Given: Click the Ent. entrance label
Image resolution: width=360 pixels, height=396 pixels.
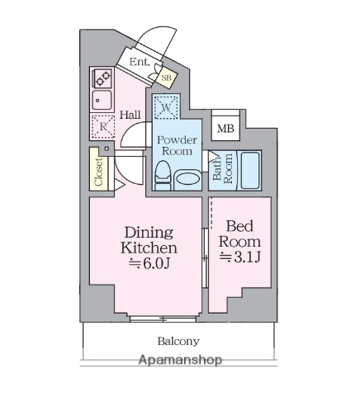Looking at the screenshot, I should tap(138, 62).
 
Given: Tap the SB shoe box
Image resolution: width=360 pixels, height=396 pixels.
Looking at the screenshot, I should tap(165, 78).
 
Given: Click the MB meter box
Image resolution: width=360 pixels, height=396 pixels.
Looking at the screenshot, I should tap(225, 128).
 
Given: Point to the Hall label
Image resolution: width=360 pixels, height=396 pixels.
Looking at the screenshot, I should tap(130, 115).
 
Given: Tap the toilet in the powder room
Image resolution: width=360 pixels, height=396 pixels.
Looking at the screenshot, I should tap(163, 174).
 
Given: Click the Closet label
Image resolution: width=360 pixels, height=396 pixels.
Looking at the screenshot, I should tap(98, 174).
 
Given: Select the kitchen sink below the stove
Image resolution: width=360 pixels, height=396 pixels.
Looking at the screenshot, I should tap(103, 102).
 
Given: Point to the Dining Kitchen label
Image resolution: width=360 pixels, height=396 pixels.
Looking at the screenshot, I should tap(149, 240).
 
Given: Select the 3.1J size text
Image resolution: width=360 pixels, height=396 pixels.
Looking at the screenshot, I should tap(240, 257).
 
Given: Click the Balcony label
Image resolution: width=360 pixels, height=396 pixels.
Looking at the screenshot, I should tap(179, 340).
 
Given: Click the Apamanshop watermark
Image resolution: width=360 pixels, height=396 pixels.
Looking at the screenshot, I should tap(180, 361).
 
